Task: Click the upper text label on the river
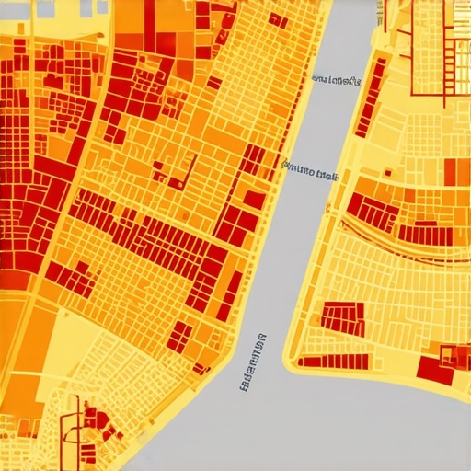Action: [x=336, y=81]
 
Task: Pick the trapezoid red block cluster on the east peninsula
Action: [x=343, y=318]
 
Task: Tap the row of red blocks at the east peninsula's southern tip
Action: [x=322, y=361]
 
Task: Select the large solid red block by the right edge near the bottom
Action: [x=434, y=369]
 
